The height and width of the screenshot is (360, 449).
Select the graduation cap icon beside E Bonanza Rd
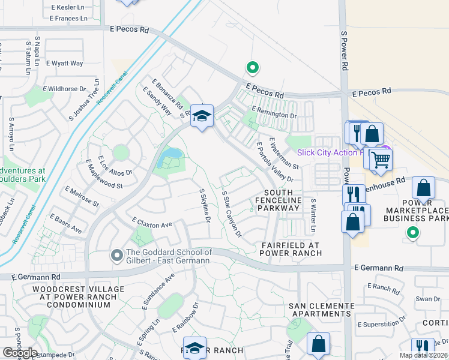point(202,116)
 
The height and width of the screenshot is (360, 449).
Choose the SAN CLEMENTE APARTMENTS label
point(321,310)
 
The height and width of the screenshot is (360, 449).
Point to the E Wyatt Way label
point(66,63)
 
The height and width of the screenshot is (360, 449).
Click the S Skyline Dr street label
point(205,205)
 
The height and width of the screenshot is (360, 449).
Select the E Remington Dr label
point(274,112)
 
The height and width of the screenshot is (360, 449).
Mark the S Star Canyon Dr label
point(231,213)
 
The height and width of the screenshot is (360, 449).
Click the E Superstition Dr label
point(381,324)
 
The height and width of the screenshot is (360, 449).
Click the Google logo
point(20,353)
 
